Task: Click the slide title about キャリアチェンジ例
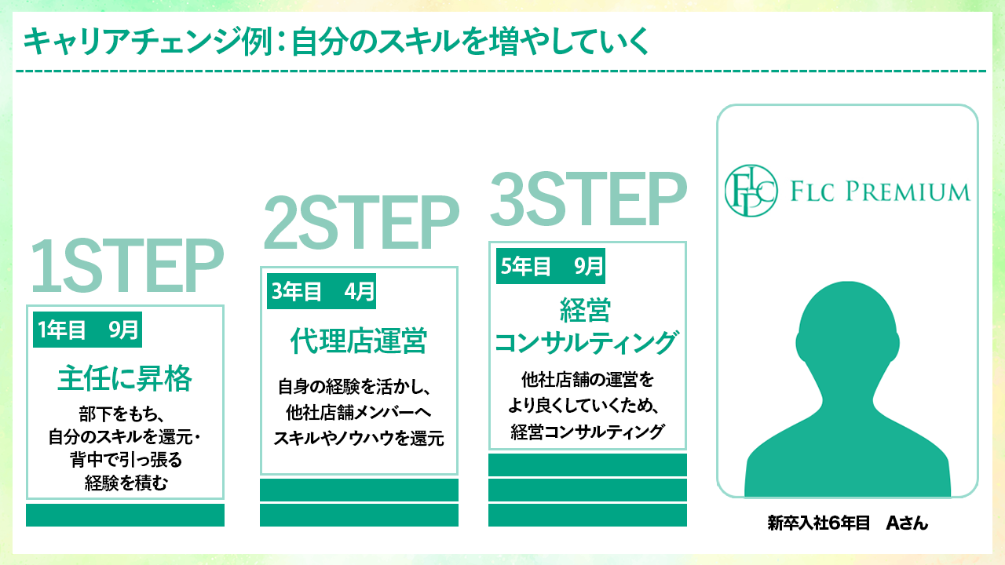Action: [336, 42]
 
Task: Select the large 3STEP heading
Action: [588, 199]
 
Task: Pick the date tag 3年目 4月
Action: [321, 293]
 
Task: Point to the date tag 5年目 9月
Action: [550, 267]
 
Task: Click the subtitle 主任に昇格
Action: [125, 380]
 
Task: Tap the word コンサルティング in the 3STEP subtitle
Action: [587, 343]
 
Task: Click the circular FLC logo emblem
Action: [751, 191]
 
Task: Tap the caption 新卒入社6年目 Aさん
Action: [848, 523]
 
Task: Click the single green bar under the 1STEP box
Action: [125, 515]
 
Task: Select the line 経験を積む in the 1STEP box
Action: [126, 483]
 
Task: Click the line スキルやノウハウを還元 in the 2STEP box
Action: [359, 439]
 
